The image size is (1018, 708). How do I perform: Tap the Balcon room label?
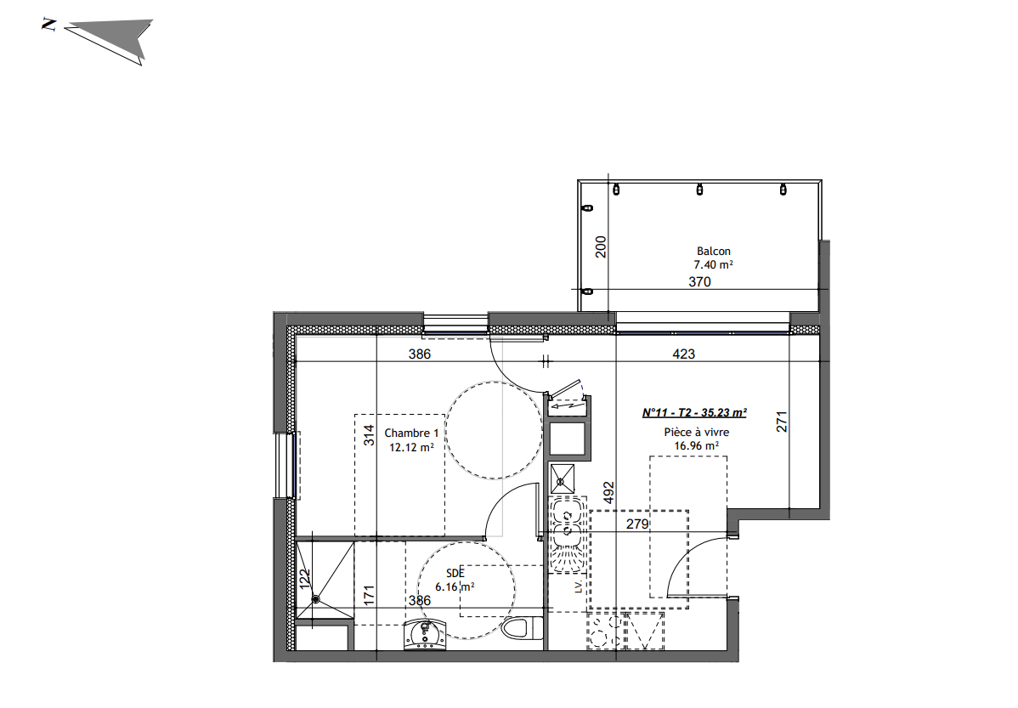[x=713, y=251]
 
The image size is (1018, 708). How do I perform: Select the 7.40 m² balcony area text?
[x=713, y=265]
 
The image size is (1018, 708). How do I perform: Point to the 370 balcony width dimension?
[x=699, y=283]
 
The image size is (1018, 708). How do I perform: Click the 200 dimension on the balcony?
[x=601, y=246]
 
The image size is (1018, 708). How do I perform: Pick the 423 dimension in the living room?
[x=683, y=354]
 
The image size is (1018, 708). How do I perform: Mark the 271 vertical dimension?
[x=783, y=422]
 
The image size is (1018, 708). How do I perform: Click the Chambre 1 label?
[x=411, y=433]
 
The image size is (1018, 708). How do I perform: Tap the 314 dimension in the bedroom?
[x=369, y=435]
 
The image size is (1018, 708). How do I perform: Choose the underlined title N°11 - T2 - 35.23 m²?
[x=694, y=413]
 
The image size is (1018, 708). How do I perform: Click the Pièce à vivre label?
[x=696, y=432]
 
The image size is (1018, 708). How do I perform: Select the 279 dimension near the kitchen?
[x=637, y=524]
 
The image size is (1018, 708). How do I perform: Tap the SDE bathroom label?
[x=455, y=573]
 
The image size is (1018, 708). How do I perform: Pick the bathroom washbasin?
[x=424, y=634]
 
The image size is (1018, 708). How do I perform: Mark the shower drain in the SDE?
[x=315, y=599]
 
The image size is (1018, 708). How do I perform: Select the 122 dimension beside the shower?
[x=305, y=579]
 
